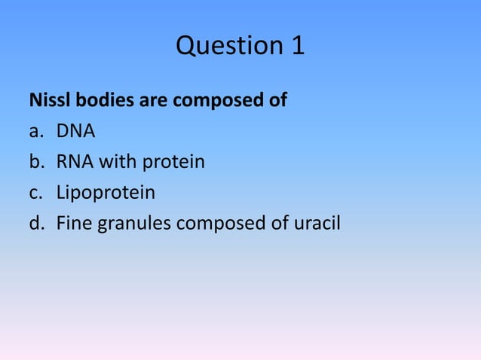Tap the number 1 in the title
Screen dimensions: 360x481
[x=296, y=47]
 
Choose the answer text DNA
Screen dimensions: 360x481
[x=75, y=131]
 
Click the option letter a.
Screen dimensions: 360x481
[x=35, y=132]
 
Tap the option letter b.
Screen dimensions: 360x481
[x=35, y=162]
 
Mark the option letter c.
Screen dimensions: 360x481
[x=35, y=193]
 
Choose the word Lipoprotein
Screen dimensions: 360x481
[x=106, y=193]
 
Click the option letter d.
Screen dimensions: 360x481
[x=35, y=223]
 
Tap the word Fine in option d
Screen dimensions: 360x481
[x=73, y=223]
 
